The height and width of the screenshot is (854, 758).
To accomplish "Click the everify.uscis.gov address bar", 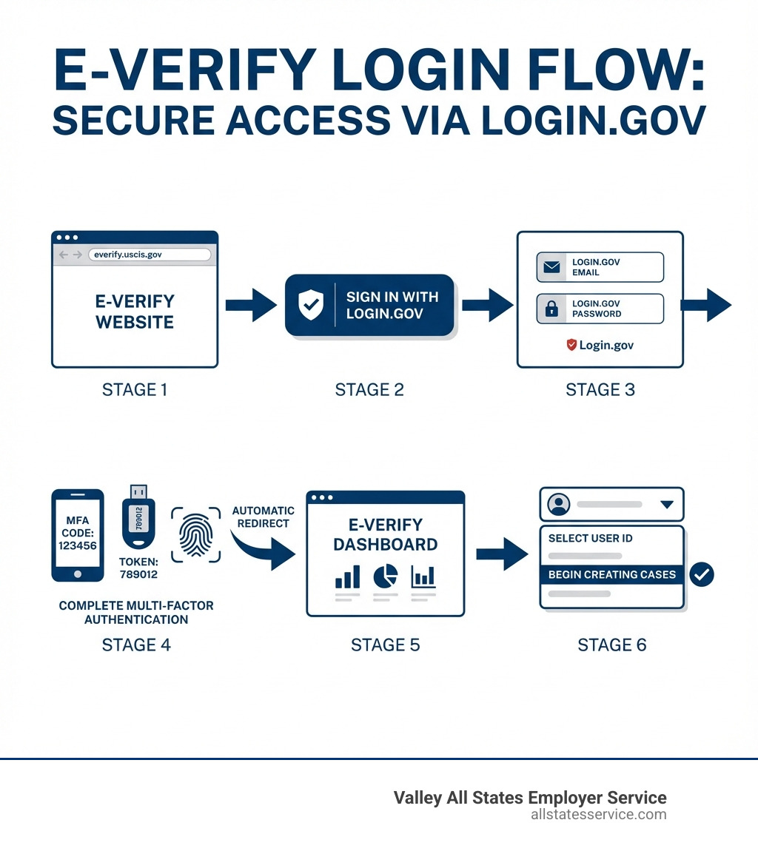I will click(149, 255).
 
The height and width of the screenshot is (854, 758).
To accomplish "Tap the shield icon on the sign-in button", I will click(310, 305).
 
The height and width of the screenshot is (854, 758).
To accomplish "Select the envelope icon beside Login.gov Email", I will click(551, 267).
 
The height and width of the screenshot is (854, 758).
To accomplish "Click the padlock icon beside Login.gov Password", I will click(551, 309).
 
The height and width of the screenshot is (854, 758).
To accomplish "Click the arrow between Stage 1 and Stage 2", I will click(250, 305).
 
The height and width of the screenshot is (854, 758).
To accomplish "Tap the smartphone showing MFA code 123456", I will click(77, 534).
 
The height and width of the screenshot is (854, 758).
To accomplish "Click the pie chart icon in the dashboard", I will click(383, 576).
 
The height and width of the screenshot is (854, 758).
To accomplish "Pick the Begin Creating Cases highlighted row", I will click(611, 574).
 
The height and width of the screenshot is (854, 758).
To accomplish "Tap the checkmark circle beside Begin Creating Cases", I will click(701, 574).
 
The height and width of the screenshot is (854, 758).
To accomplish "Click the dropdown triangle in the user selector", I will click(666, 505).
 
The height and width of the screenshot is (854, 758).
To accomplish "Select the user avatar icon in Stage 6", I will click(558, 505).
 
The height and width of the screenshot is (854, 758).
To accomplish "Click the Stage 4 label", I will click(136, 645).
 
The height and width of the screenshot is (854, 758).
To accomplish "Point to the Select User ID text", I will click(590, 538).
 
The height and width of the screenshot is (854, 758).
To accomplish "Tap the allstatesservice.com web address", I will click(598, 814).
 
